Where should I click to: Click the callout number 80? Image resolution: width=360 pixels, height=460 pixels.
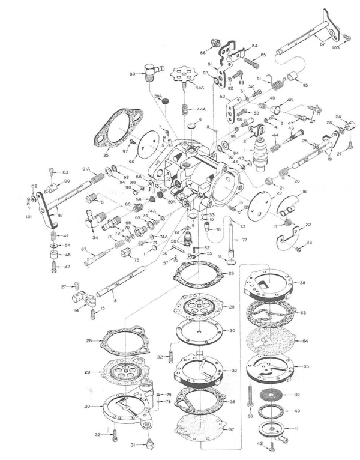[131, 75]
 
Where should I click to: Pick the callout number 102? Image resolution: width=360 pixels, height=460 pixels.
[32, 186]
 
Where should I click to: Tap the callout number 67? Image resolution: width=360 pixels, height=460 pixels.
[84, 249]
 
